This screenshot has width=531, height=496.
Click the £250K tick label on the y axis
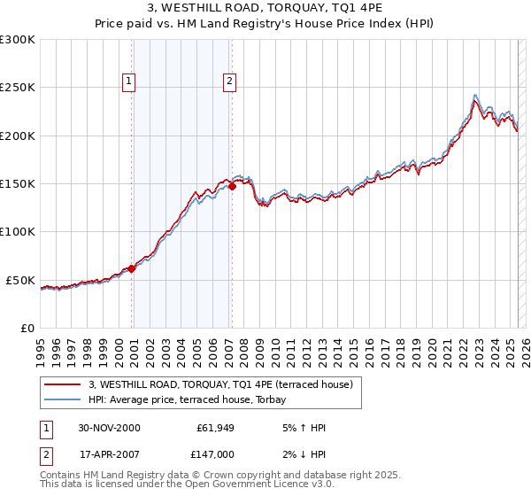(18, 88)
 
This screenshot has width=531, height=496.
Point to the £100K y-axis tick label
(18, 232)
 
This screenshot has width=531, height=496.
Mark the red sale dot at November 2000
(132, 268)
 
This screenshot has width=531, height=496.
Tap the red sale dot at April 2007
(232, 186)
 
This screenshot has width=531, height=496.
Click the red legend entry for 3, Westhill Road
(220, 384)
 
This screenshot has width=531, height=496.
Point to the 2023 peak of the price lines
(476, 97)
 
